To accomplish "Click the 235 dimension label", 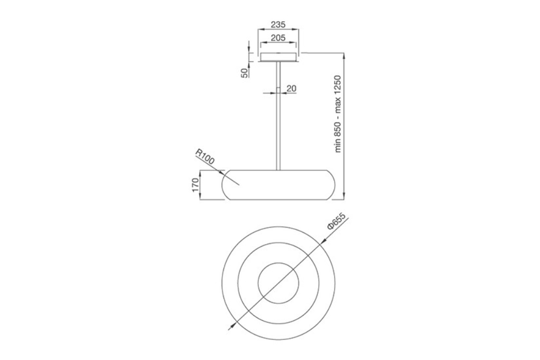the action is tap(278, 24).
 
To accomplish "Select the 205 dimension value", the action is tap(278, 38).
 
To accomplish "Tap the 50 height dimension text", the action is tap(244, 73).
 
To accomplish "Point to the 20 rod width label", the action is tap(291, 88).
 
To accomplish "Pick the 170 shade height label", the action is tap(195, 185).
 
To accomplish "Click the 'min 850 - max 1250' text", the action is tap(338, 114).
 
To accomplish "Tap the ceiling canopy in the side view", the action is tap(278, 57).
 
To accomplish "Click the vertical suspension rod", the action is tap(278, 116).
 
